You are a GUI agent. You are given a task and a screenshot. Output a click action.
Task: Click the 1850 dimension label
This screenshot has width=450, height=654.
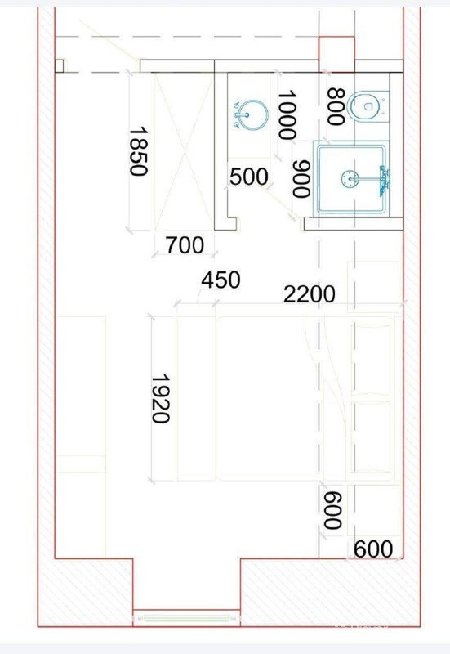(x=138, y=151)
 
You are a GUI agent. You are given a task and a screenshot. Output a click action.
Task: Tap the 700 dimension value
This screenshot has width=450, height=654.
(x=185, y=245)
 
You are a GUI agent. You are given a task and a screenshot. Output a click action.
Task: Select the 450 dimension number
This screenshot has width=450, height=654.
(x=221, y=280)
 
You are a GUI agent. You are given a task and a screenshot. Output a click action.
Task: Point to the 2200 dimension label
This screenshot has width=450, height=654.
(x=310, y=294)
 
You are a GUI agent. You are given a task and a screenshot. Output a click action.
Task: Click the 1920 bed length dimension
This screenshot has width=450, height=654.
(x=161, y=399)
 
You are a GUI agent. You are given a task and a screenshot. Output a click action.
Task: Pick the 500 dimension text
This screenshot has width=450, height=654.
(x=249, y=177)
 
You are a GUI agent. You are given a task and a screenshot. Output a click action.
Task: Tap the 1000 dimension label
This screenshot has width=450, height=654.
(x=287, y=114)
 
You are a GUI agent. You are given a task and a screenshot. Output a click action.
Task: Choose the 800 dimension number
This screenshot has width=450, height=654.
(x=336, y=106)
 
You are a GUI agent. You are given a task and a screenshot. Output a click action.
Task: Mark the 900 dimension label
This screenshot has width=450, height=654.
(x=301, y=179)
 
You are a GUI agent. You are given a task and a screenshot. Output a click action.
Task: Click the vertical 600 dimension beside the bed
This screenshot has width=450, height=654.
(x=333, y=510)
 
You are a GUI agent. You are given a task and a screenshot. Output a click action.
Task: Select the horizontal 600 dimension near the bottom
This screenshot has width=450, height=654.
(x=373, y=549)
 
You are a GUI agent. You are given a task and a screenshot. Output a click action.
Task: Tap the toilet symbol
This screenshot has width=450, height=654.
(x=368, y=106)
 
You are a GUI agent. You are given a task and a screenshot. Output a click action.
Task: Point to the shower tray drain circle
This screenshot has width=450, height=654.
(x=350, y=178)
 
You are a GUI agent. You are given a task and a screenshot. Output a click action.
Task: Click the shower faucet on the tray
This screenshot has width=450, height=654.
(x=384, y=181)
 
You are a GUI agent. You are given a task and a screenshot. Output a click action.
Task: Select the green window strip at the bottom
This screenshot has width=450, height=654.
(x=186, y=619)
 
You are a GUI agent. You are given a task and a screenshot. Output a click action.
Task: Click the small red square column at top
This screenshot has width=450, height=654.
(x=336, y=54)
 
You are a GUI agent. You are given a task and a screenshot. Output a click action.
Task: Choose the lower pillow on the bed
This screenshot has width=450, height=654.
(x=371, y=437)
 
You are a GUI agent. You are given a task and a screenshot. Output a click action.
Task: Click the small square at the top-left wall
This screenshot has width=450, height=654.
(x=59, y=66)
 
